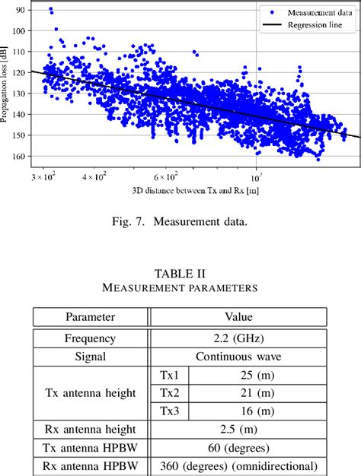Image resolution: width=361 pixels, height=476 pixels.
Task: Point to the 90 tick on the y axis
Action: (18, 9)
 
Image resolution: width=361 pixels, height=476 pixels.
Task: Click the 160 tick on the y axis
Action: (18, 157)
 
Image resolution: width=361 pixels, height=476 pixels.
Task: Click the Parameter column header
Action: (90, 316)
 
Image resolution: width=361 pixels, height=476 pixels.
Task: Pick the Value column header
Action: (238, 316)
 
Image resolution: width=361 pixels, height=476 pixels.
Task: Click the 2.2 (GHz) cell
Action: (238, 338)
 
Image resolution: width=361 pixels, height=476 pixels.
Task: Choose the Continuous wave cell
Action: (238, 357)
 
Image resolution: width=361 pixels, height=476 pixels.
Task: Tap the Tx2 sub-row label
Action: (169, 392)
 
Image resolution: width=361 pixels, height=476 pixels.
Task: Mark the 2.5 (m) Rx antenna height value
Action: (238, 430)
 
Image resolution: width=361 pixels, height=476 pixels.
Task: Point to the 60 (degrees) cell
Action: (238, 448)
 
